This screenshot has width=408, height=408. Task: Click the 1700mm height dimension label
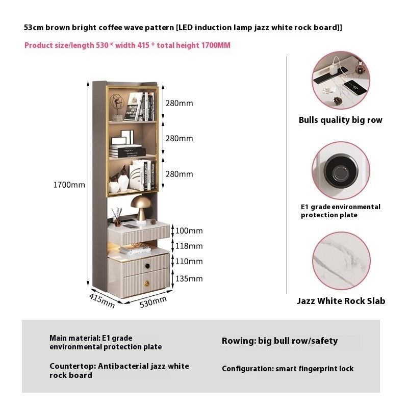click(x=69, y=185)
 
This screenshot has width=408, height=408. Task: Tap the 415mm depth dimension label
click(x=101, y=300)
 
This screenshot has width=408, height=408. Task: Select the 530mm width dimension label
click(x=153, y=302)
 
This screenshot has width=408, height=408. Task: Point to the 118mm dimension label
click(x=189, y=246)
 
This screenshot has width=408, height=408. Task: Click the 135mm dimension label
click(x=189, y=278)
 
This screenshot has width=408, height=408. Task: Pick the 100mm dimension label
click(x=189, y=231)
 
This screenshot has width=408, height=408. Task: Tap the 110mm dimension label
click(x=189, y=261)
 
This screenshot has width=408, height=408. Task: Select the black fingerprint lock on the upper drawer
click(x=147, y=266)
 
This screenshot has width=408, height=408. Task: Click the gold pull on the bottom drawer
click(x=147, y=284)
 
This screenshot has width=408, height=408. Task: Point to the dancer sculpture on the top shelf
click(x=117, y=107)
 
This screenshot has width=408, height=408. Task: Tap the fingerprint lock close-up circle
click(x=341, y=170)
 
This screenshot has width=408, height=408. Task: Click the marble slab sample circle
click(x=341, y=261)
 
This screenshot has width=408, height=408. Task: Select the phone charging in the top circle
click(x=355, y=88)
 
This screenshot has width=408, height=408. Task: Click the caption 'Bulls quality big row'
click(x=340, y=120)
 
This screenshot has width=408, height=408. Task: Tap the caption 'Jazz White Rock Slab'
click(x=341, y=301)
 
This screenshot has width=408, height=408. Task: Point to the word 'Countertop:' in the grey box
click(x=72, y=366)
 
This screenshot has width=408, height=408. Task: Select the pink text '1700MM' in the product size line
click(x=216, y=45)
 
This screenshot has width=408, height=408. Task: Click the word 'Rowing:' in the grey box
click(x=239, y=341)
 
